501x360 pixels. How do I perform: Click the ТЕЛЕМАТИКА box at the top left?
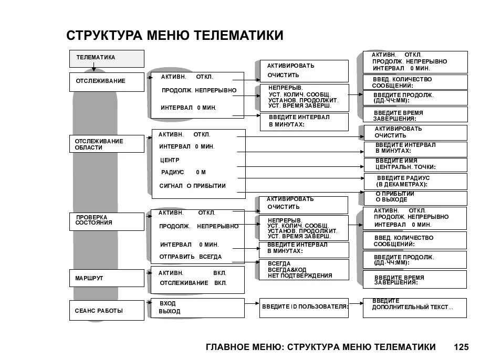pyautogui.click(x=107, y=58)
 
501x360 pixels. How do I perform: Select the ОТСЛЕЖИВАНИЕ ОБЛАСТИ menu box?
pyautogui.click(x=107, y=144)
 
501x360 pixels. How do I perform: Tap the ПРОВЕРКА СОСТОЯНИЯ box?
pyautogui.click(x=107, y=221)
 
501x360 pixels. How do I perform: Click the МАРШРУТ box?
pyautogui.click(x=107, y=278)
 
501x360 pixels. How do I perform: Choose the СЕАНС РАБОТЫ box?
pyautogui.click(x=107, y=310)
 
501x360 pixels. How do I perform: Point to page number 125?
pyautogui.click(x=461, y=347)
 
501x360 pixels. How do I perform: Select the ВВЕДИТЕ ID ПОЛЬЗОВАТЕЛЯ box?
pyautogui.click(x=304, y=308)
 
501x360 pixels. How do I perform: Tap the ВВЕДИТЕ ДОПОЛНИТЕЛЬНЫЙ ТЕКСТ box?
pyautogui.click(x=414, y=308)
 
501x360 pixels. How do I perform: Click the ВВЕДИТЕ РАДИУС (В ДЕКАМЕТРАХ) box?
pyautogui.click(x=414, y=181)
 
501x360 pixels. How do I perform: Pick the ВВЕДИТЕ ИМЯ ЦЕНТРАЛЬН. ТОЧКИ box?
pyautogui.click(x=414, y=164)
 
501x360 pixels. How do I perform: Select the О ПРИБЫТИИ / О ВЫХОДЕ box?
pyautogui.click(x=414, y=197)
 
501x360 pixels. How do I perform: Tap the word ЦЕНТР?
pyautogui.click(x=170, y=160)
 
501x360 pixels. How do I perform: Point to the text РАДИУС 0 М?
pyautogui.click(x=183, y=172)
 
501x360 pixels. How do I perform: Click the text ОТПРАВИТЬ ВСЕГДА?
pyautogui.click(x=191, y=257)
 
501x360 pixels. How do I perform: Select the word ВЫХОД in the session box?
pyautogui.click(x=169, y=311)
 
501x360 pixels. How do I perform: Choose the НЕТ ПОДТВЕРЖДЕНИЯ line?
pyautogui.click(x=300, y=276)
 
